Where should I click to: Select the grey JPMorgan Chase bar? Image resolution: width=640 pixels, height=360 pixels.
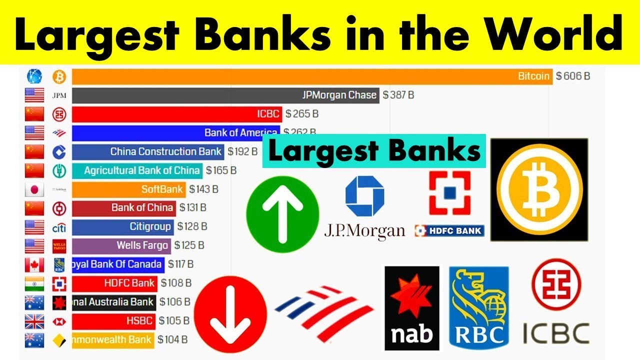[225, 95]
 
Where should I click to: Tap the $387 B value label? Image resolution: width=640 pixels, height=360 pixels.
[398, 95]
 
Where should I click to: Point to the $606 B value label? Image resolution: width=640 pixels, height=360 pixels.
[573, 76]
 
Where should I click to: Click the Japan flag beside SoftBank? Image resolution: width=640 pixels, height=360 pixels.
[34, 189]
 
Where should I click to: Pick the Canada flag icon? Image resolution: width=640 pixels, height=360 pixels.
[34, 264]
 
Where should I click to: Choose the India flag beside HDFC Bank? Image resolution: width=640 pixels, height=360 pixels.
[34, 283]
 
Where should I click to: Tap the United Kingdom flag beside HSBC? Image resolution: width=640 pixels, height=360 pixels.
[34, 321]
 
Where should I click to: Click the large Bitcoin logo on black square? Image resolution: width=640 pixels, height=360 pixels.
[539, 190]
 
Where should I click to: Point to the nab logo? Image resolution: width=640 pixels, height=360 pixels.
[412, 307]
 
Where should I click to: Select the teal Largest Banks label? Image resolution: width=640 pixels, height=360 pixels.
[374, 151]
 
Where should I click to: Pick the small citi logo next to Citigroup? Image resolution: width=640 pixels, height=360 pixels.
[59, 227]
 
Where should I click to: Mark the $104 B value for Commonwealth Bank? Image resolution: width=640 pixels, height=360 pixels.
[172, 340]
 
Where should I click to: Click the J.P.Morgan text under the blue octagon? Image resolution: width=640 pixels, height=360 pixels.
[364, 230]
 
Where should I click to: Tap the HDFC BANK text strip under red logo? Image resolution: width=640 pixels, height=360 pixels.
[449, 230]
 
